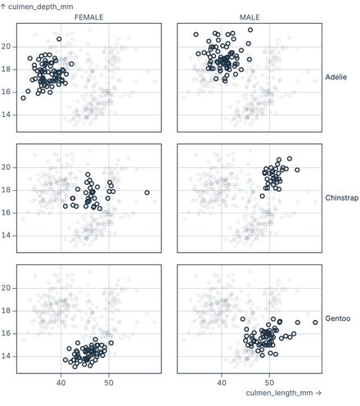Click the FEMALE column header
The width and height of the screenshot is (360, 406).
[x=89, y=17]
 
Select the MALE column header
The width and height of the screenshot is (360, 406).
[x=250, y=17]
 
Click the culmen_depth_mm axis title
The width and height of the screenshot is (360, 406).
[x=40, y=7]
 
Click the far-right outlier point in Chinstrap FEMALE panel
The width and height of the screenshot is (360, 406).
[x=147, y=192]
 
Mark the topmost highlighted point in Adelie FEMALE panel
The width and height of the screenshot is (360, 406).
[x=59, y=38]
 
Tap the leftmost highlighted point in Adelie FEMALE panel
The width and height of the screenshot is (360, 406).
[x=23, y=97]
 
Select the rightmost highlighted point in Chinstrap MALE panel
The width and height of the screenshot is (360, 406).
[x=297, y=170]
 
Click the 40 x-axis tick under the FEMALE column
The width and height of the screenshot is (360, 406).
[x=61, y=382]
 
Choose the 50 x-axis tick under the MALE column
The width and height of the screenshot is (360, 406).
[x=269, y=382]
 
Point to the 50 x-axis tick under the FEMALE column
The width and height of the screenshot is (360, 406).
[x=108, y=382]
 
